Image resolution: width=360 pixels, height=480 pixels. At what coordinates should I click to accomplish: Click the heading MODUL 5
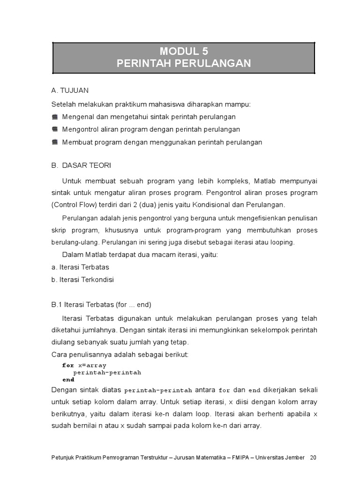coord(184,51)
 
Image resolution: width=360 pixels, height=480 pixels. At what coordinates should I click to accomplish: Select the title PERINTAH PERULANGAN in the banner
coord(184,63)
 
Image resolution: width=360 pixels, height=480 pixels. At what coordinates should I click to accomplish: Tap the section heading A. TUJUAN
coord(70,90)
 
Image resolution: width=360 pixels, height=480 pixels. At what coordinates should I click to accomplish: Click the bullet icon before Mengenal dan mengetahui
coord(55,117)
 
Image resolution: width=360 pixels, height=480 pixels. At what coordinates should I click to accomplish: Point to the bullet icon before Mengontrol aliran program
coord(55,129)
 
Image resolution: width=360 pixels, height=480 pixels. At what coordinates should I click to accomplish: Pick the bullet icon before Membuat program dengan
coord(55,142)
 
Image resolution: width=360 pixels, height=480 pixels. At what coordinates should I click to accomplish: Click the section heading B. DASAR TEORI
coord(81,165)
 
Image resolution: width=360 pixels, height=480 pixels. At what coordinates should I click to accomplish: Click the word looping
coord(281,242)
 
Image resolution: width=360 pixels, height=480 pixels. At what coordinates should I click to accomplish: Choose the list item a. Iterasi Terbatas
coord(80,267)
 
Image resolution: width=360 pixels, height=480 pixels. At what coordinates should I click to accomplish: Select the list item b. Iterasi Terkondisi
coord(82,280)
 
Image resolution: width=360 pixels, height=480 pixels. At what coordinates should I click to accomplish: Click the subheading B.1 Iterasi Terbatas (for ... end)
coord(101,305)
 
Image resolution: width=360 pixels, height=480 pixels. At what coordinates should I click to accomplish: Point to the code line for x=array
coord(84,365)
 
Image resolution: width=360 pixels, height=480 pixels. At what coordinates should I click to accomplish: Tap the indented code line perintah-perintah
coord(107,373)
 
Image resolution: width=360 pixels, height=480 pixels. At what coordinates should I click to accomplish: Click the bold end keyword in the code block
coord(68,380)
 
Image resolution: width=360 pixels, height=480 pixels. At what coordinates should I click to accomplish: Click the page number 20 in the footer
coord(313,457)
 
